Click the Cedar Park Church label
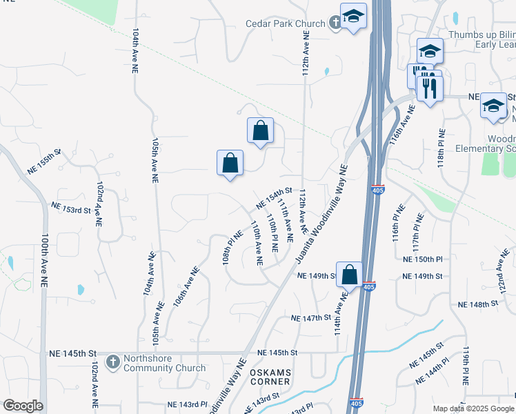[x=285, y=23]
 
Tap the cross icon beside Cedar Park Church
[x=335, y=23]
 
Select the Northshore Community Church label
[x=164, y=363]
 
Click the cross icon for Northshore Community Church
[x=113, y=361]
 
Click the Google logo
[x=23, y=406]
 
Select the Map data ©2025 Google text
[x=473, y=408]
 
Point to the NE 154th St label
[x=274, y=198]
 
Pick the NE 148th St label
[x=477, y=304]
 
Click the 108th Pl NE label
[x=232, y=248]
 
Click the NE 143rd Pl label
[x=187, y=404]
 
